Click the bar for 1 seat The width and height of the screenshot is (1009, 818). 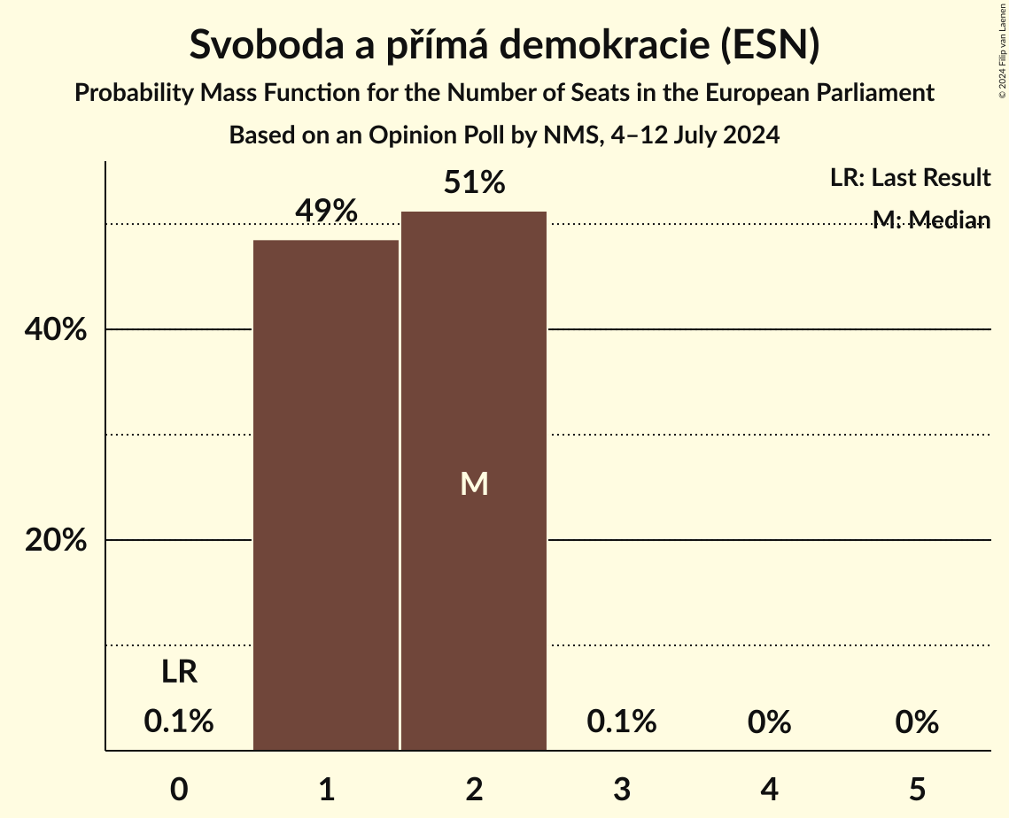point(326,496)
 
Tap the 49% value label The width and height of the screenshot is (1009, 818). point(326,212)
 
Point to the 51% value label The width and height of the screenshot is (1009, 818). point(474,183)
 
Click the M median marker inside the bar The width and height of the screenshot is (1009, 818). point(474,483)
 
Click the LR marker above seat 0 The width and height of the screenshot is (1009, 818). point(179,672)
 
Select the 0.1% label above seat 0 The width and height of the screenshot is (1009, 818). point(179,722)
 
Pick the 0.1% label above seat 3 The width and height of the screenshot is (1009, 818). point(621,722)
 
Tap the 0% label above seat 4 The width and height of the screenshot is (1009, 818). point(769,722)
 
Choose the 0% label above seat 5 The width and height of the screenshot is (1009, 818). point(916,722)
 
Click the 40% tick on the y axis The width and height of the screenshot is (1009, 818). point(55,330)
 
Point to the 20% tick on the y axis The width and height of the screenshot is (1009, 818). point(55,541)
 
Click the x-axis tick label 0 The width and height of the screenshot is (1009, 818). point(179,789)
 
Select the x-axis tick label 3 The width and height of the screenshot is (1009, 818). point(621,789)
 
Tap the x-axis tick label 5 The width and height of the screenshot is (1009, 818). point(916,789)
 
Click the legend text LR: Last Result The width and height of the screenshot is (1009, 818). point(910,178)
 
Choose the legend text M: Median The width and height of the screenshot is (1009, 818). point(930,220)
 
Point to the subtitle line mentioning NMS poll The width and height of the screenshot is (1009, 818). point(504,135)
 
